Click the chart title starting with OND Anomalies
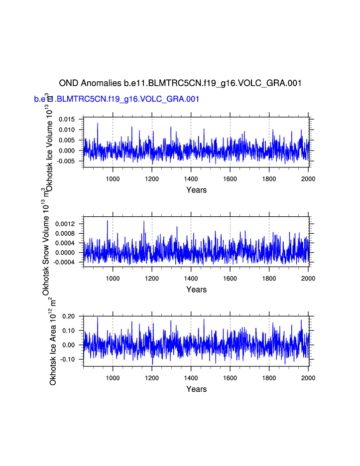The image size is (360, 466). point(180,83)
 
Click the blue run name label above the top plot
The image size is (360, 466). point(117,99)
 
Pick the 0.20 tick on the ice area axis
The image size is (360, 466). point(69,316)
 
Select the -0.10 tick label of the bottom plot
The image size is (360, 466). point(68,359)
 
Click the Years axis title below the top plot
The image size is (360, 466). point(196,190)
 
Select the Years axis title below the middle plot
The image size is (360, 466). point(196,290)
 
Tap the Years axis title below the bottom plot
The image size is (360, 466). point(196,389)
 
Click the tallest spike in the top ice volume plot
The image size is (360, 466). point(98,123)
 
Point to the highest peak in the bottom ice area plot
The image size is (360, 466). point(98,317)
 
